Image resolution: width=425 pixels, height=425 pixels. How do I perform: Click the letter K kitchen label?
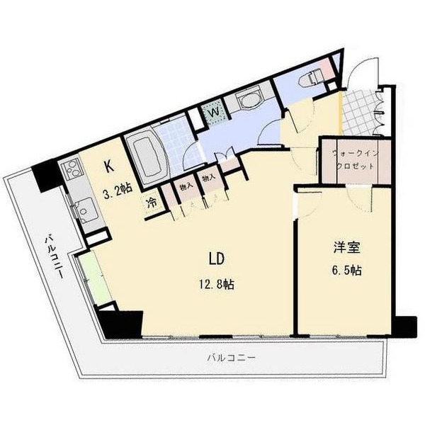click(108, 167)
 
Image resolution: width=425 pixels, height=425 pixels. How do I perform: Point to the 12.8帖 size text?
click(216, 284)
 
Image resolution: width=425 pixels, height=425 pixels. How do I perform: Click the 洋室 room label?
click(348, 248)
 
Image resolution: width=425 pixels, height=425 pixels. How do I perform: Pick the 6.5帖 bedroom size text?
click(348, 271)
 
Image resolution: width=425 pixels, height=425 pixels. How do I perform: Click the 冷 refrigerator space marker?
click(152, 203)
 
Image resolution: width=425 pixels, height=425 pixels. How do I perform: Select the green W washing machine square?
click(212, 112)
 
